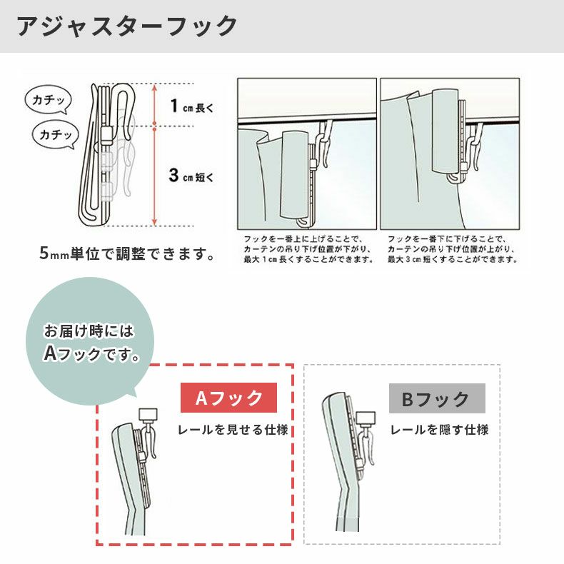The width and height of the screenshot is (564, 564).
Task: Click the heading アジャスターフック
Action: (126, 26)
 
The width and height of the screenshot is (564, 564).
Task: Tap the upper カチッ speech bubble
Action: (48, 101)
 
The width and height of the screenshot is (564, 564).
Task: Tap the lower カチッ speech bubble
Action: (55, 134)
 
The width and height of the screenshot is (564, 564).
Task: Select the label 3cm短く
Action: (191, 176)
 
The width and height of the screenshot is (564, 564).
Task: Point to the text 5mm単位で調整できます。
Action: (127, 253)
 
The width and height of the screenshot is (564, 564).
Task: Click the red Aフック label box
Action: (228, 398)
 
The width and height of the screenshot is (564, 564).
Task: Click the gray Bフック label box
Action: (437, 398)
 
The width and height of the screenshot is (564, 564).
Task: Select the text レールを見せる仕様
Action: (233, 430)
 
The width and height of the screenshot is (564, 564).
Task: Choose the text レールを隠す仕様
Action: (439, 430)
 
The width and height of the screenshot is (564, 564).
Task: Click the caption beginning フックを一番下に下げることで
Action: (451, 249)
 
